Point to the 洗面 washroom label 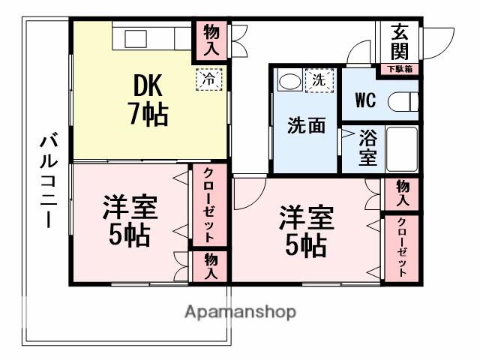[x=306, y=125]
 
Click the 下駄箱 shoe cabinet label [x=400, y=70]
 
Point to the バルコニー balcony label [x=49, y=180]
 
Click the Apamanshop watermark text [x=239, y=312]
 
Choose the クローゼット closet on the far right [x=402, y=247]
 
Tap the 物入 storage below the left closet [x=210, y=266]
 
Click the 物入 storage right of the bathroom [x=402, y=193]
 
